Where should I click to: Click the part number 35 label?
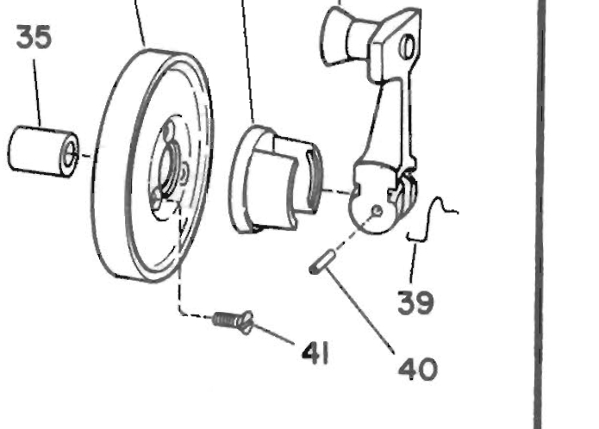click(x=34, y=37)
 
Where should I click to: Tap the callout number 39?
click(x=415, y=302)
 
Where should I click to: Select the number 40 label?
click(x=417, y=369)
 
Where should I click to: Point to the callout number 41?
click(x=315, y=353)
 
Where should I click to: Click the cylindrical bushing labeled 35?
click(x=43, y=152)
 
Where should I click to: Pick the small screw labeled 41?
click(x=233, y=322)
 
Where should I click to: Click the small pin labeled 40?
click(x=322, y=261)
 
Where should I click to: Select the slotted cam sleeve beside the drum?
click(x=275, y=179)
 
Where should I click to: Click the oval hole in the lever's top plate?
click(x=407, y=47)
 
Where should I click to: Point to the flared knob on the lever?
click(x=344, y=37)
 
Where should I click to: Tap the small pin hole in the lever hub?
click(x=377, y=210)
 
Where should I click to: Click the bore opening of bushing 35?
click(x=69, y=155)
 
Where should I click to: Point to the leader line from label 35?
click(x=37, y=93)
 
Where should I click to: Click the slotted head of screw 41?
click(x=246, y=323)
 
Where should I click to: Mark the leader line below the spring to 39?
click(x=414, y=264)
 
